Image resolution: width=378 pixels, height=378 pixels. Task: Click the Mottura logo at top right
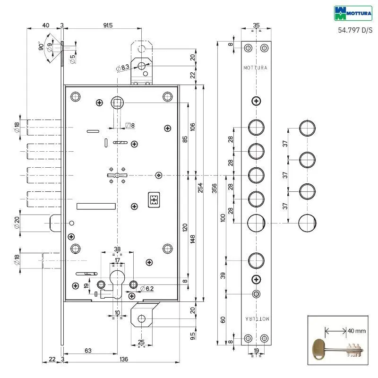tap(353, 13)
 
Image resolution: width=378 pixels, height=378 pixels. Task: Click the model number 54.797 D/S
tap(355, 30)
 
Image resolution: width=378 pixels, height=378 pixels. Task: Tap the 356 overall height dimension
tap(215, 188)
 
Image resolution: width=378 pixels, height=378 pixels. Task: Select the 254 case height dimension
tap(200, 188)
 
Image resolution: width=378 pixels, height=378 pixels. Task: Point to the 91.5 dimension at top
tap(108, 26)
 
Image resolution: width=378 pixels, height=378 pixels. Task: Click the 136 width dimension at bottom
tap(124, 359)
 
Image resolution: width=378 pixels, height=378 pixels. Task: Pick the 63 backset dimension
tap(88, 351)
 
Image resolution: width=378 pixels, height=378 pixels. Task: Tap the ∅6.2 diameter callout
tap(146, 289)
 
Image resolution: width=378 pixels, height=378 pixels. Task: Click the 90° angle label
tap(41, 46)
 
